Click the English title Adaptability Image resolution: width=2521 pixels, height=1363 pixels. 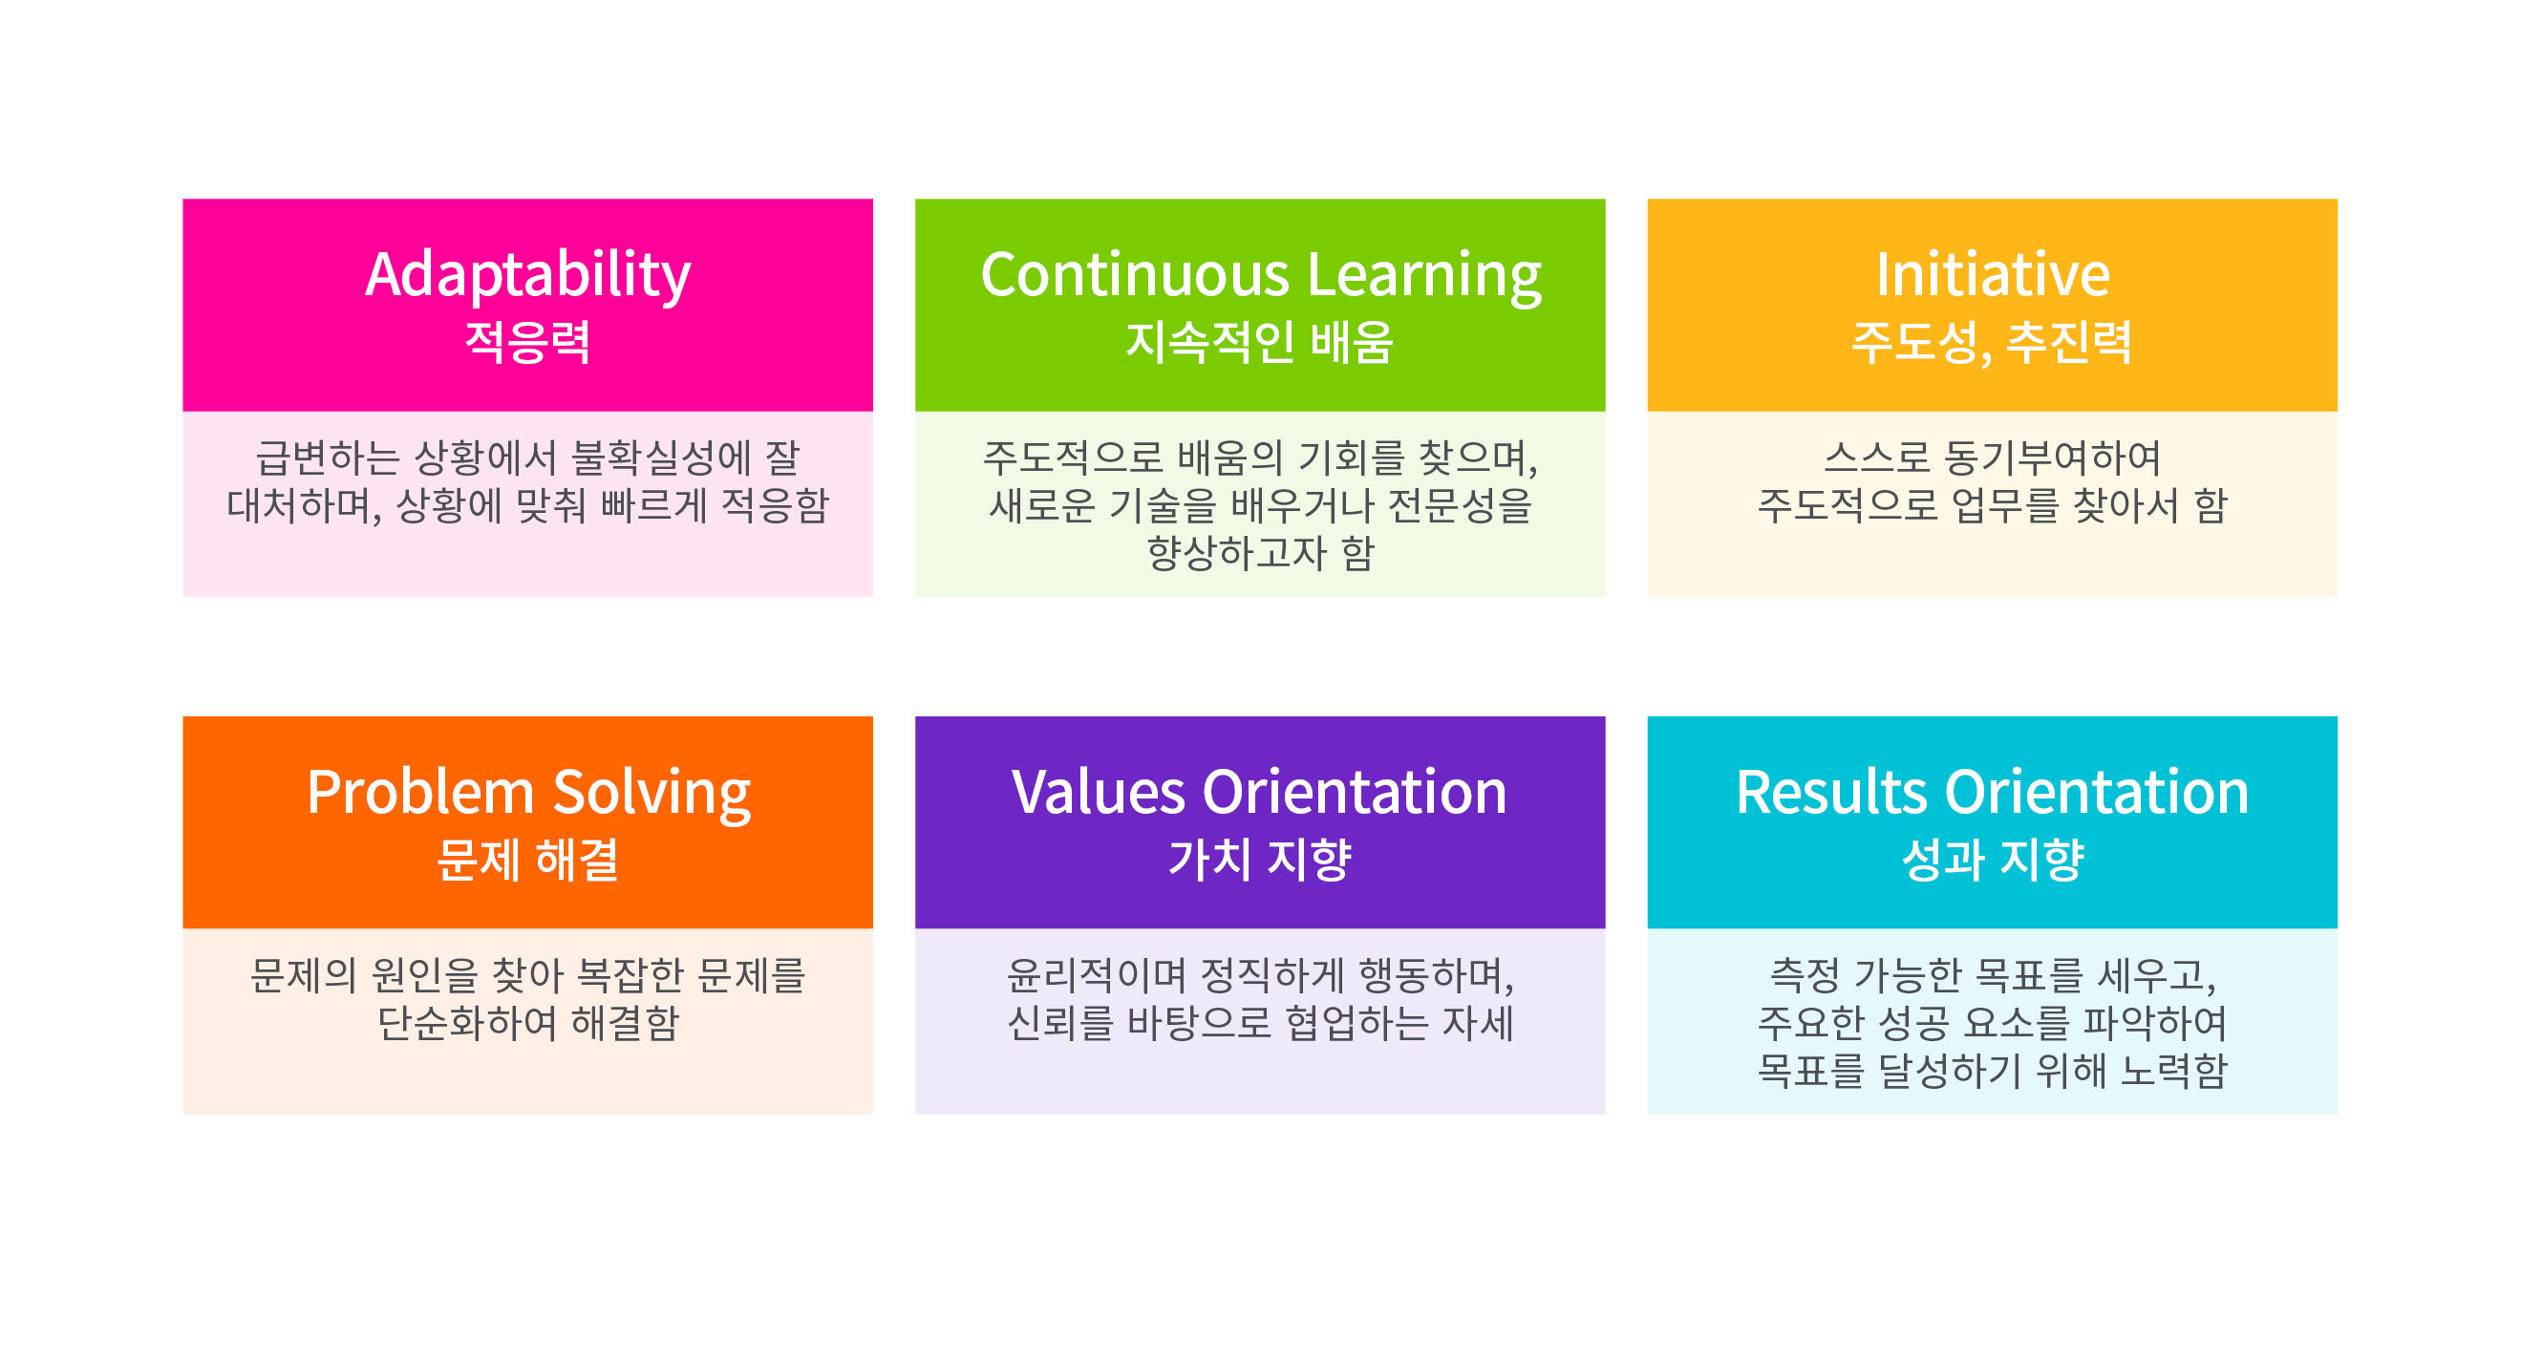pyautogui.click(x=527, y=276)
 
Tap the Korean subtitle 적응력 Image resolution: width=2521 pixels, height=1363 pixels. pyautogui.click(x=527, y=342)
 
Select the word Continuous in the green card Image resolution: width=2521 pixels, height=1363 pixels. pyautogui.click(x=1135, y=275)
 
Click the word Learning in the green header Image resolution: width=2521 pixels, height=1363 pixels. pyautogui.click(x=1425, y=277)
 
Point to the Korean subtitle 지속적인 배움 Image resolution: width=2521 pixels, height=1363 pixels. pyautogui.click(x=1259, y=342)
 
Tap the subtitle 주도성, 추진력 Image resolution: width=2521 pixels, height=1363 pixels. pyautogui.click(x=1992, y=343)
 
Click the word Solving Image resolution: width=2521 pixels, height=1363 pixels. pyautogui.click(x=652, y=794)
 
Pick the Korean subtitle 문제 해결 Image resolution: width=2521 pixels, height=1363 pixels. pyautogui.click(x=527, y=859)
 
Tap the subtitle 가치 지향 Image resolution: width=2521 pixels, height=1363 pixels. pyautogui.click(x=1259, y=859)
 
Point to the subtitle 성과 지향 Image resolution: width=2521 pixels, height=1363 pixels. pyautogui.click(x=1993, y=859)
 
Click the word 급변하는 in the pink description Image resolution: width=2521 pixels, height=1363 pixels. pyautogui.click(x=328, y=457)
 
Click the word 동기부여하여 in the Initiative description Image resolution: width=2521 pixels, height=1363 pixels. pyautogui.click(x=2052, y=457)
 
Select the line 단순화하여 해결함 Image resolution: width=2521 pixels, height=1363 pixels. pyautogui.click(x=528, y=1023)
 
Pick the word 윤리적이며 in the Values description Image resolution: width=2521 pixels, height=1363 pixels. pyautogui.click(x=1096, y=974)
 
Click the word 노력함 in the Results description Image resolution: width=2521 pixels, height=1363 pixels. pyautogui.click(x=2173, y=1071)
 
